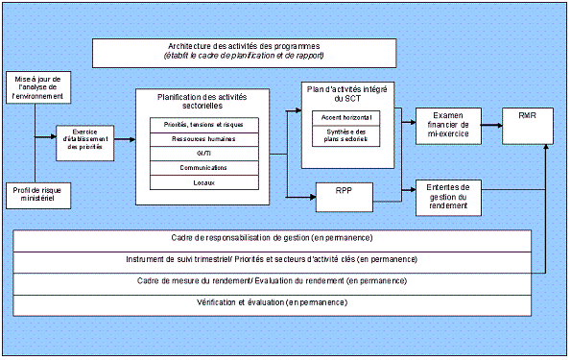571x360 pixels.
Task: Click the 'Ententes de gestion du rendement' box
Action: [x=448, y=196]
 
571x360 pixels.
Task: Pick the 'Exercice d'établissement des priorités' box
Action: [x=79, y=141]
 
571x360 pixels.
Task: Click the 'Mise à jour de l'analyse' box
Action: [x=35, y=86]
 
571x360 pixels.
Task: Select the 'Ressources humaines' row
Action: [x=204, y=139]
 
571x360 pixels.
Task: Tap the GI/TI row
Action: [x=204, y=154]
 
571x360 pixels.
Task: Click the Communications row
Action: [x=204, y=168]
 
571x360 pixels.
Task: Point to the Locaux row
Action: [x=204, y=182]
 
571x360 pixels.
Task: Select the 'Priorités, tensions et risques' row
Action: [x=204, y=125]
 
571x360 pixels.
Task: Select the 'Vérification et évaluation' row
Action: [x=272, y=303]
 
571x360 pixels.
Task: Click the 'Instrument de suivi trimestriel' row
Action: [x=272, y=260]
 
